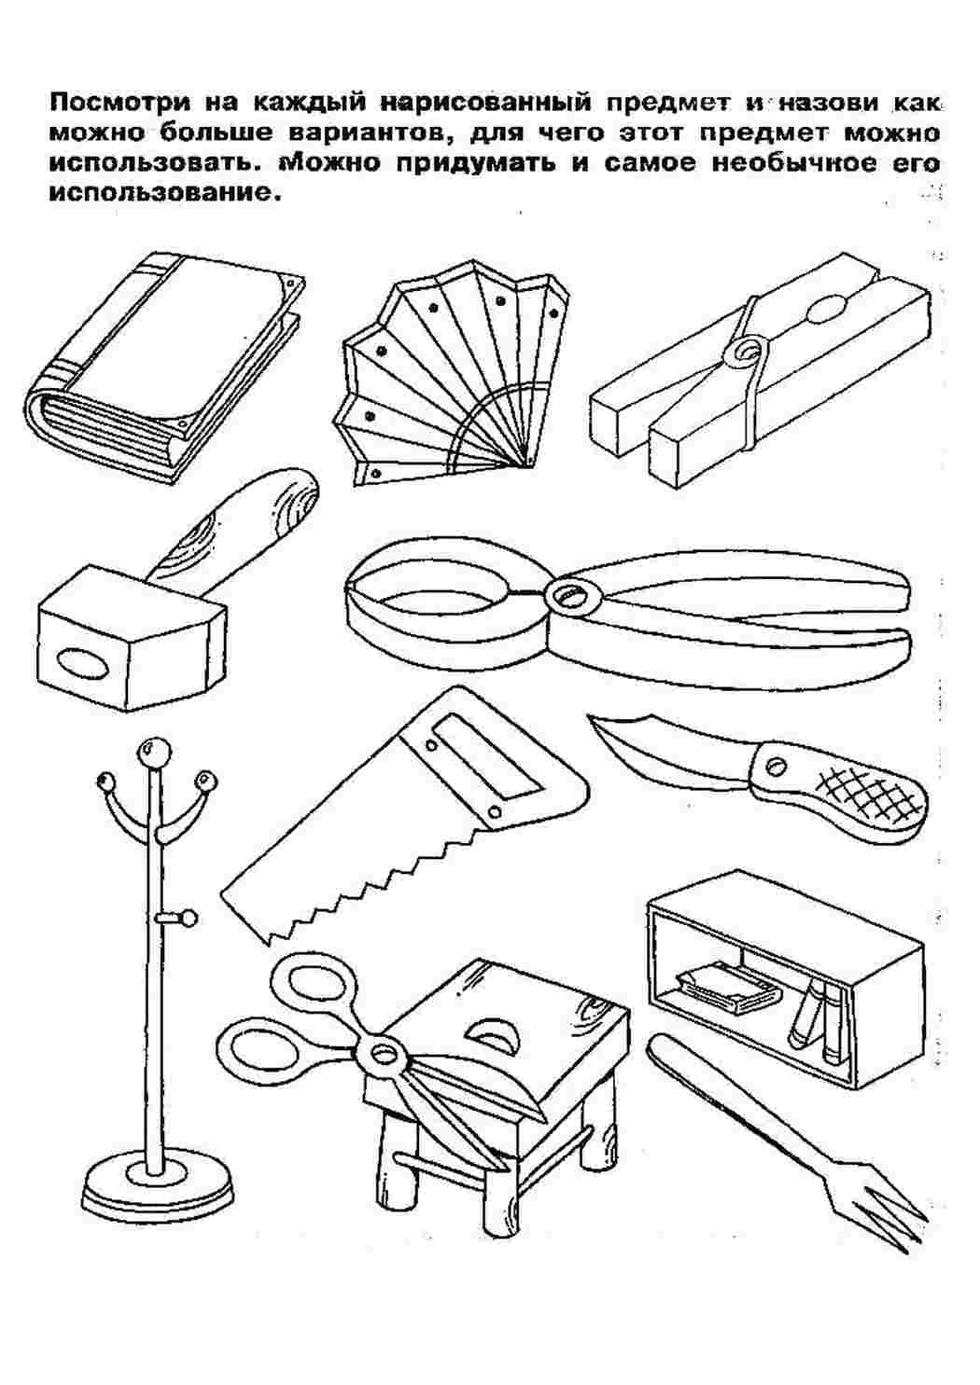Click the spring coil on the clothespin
click(x=746, y=353)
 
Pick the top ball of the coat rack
click(x=152, y=753)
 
